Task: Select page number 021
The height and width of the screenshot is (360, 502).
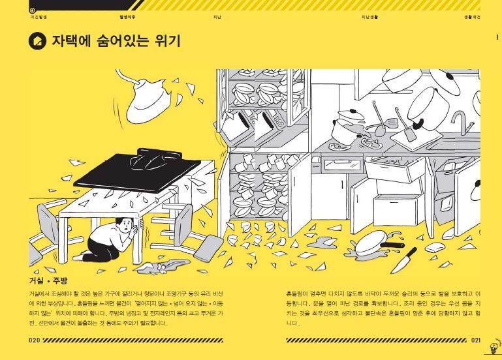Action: point(475,340)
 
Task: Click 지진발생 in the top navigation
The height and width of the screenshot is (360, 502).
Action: point(39,16)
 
